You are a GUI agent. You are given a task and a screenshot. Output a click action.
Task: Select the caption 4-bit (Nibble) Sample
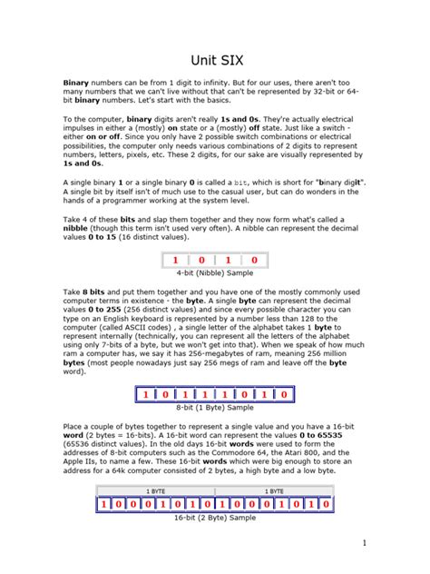[x=215, y=272]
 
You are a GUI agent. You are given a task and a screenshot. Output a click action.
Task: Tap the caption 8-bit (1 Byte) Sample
[x=215, y=408]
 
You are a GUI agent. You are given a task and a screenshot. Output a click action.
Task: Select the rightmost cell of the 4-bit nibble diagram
[x=254, y=260]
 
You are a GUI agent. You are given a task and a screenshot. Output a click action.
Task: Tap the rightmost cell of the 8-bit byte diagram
[x=284, y=394]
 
